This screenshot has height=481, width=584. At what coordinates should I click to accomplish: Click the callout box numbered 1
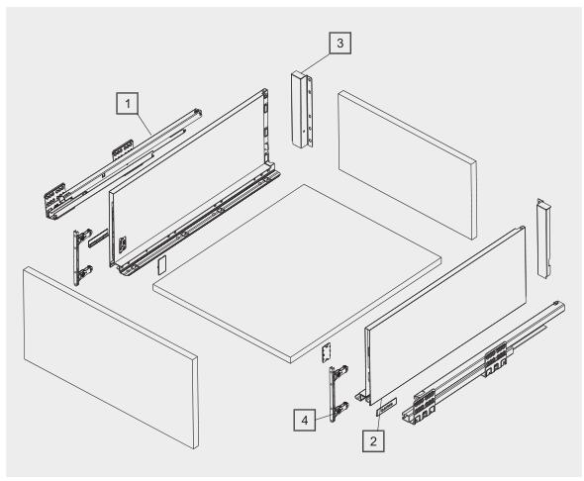(128, 103)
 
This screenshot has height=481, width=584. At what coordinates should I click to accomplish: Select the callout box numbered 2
(373, 441)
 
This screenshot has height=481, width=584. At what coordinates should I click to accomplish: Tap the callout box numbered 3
(340, 44)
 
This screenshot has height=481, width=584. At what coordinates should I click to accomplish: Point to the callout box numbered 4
(305, 420)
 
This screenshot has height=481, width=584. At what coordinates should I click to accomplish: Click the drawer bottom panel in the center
(297, 272)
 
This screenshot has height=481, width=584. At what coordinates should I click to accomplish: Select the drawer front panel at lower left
(111, 357)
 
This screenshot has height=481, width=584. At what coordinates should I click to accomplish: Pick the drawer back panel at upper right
(408, 164)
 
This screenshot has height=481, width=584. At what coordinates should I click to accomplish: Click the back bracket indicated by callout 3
(302, 110)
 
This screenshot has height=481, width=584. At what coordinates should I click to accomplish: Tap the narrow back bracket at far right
(543, 239)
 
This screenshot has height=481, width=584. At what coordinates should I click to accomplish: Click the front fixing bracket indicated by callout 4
(338, 394)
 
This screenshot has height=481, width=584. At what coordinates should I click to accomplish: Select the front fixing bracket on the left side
(82, 257)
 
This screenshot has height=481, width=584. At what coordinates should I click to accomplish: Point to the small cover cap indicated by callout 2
(386, 406)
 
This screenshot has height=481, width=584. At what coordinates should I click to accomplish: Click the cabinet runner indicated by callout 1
(123, 164)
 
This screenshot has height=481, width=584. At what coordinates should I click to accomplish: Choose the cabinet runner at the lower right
(483, 363)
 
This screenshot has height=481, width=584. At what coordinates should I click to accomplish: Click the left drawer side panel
(194, 182)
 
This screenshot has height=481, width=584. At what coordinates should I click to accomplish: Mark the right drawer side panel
(443, 317)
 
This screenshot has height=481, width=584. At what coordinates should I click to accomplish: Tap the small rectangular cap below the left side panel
(162, 265)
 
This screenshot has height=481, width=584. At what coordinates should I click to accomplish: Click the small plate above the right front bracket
(327, 352)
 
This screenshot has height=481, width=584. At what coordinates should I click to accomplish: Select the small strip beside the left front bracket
(98, 238)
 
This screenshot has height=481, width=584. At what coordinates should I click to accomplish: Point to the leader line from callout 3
(316, 63)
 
